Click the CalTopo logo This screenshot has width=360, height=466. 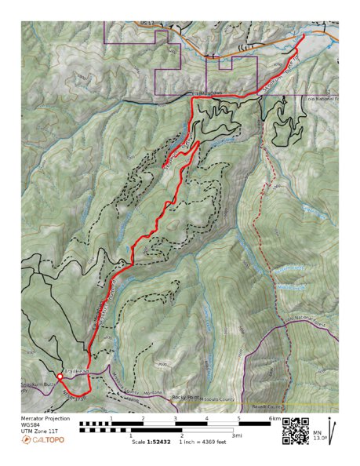click(x=43, y=440)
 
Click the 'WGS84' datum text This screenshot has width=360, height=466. click(x=31, y=426)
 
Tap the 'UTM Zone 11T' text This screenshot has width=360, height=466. click(x=40, y=432)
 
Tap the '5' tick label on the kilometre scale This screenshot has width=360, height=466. click(x=238, y=420)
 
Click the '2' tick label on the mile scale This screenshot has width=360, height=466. click(x=181, y=436)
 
